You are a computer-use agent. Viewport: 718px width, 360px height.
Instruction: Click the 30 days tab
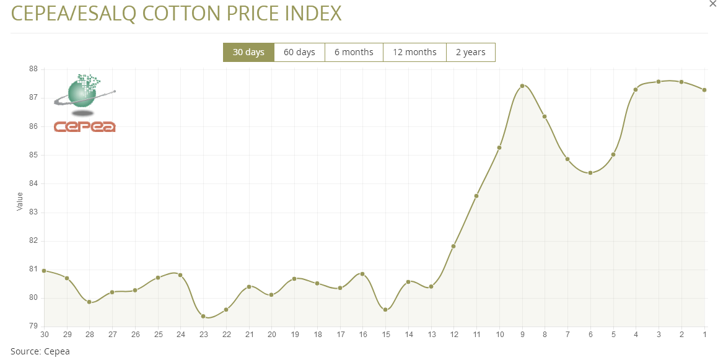point(248,52)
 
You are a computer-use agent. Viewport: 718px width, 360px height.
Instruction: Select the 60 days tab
point(299,52)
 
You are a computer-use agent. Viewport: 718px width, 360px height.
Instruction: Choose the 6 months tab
point(354,52)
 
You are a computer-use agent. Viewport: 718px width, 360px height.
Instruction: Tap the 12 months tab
point(414,52)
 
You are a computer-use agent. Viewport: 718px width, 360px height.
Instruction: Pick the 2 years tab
point(470,52)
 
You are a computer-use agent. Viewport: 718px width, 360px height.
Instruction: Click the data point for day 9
point(522,86)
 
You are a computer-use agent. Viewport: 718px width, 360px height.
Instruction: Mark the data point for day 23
point(203,316)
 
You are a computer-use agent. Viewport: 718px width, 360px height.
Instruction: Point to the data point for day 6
point(590,173)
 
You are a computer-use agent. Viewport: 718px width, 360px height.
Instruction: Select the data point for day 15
point(385,309)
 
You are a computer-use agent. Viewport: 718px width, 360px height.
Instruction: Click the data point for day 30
point(44,271)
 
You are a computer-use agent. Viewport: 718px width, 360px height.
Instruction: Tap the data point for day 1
point(704,90)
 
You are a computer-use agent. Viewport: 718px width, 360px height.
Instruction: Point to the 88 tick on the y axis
point(33,69)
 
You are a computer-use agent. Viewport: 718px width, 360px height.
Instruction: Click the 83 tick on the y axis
point(33,213)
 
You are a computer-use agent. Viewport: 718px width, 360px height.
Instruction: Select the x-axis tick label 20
point(271,335)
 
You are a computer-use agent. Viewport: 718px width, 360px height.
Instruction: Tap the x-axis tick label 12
point(453,335)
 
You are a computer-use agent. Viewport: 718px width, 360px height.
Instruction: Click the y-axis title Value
point(20,201)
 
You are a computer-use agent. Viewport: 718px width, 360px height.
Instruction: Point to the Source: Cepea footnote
point(40,351)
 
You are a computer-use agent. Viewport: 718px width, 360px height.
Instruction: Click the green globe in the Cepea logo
point(83,92)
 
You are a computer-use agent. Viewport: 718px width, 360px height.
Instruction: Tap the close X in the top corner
point(712,4)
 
